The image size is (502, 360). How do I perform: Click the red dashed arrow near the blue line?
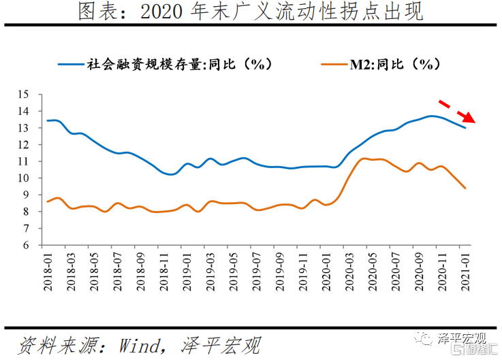click(x=456, y=112)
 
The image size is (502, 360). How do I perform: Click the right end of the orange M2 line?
click(x=465, y=188)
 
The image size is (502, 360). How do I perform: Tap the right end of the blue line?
click(x=465, y=127)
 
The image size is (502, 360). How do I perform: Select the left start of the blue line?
click(x=48, y=120)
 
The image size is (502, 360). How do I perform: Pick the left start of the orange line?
click(x=47, y=201)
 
